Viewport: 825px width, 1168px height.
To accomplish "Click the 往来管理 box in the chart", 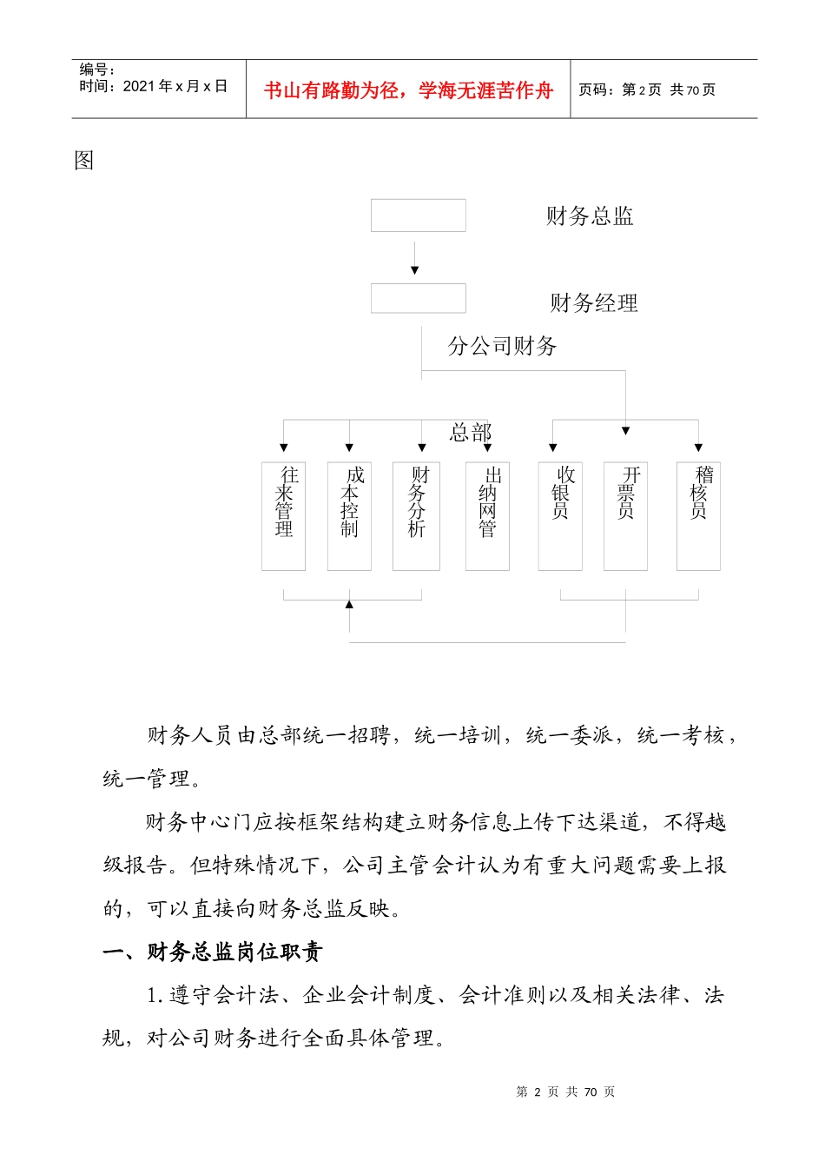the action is tap(283, 515).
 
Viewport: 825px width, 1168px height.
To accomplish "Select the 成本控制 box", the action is tap(349, 515).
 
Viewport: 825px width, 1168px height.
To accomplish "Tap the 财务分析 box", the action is tap(416, 515).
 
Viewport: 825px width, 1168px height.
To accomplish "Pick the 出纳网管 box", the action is tap(487, 515).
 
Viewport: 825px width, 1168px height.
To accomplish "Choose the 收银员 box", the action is tap(560, 515).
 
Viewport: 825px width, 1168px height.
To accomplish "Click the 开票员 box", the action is tap(625, 515).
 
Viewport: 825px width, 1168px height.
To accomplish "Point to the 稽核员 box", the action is tap(698, 515).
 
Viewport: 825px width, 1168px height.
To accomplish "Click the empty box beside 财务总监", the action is tap(418, 216).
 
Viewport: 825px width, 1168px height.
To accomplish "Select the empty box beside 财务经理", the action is tap(418, 298).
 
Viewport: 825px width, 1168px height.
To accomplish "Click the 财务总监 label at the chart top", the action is tap(590, 216).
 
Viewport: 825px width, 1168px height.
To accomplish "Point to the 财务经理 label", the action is tap(594, 303).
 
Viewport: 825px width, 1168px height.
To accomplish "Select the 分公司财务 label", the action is tap(502, 346).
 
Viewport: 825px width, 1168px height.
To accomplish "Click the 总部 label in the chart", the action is tap(471, 432).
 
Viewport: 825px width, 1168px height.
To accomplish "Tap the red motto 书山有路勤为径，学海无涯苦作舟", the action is tap(408, 90).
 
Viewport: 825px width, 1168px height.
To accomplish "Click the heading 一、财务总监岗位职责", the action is tap(213, 952).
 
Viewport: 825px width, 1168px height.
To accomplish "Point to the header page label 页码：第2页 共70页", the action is tap(647, 90).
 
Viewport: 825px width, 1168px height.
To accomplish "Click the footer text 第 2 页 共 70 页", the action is tap(565, 1092).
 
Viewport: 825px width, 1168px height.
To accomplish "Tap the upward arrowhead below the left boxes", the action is tap(349, 604).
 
